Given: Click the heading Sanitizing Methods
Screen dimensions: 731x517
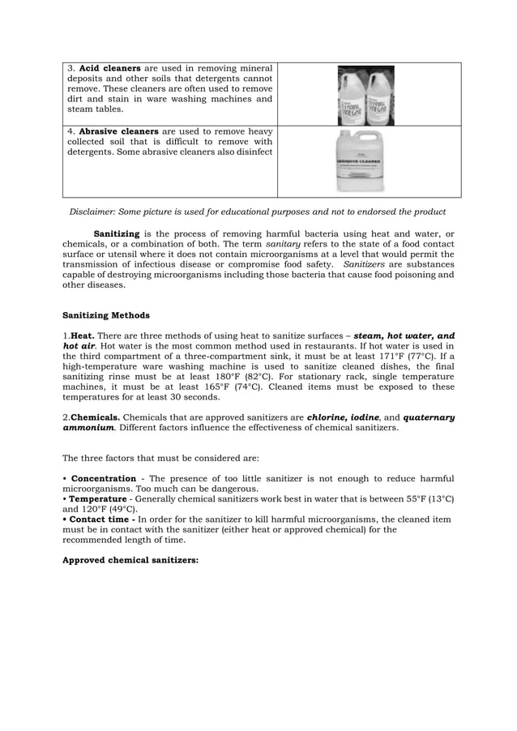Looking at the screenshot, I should coord(105,315).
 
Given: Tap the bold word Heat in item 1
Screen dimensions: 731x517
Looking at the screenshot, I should coord(81,336).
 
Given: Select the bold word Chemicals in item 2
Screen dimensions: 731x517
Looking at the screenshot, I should coord(92,417).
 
